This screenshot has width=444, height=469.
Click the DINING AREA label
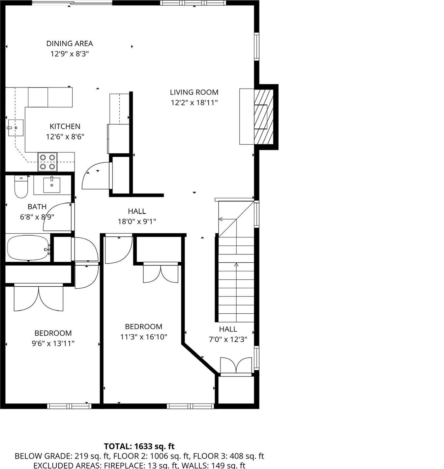69,43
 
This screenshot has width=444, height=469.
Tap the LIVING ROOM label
194,92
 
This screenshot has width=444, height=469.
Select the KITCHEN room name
65,126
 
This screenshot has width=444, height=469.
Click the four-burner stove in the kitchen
47,162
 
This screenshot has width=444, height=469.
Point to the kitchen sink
15,128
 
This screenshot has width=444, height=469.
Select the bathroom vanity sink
52,185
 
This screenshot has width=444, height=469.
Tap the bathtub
28,248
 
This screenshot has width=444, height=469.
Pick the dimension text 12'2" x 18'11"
194,103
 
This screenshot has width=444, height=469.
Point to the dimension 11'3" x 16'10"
144,337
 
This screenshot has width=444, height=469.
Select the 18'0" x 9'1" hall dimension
137,221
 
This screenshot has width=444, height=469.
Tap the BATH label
37,207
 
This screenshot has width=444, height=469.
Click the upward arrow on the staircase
236,264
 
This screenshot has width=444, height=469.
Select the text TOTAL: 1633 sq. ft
139,446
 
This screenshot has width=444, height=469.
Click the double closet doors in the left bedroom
39,298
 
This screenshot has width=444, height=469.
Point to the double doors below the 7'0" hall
236,365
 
